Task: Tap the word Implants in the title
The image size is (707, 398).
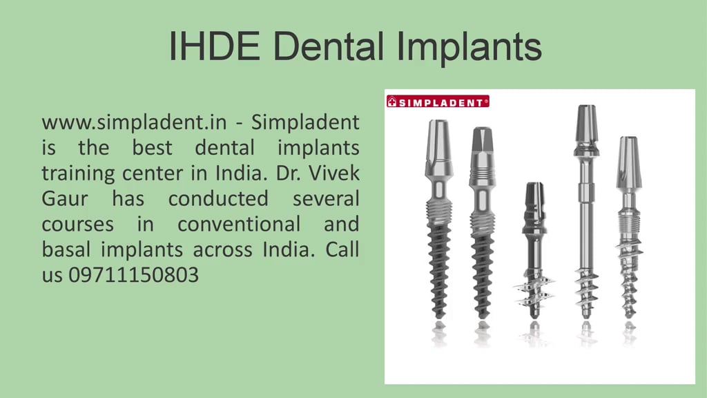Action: (469, 46)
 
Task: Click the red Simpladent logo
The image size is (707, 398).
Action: (437, 102)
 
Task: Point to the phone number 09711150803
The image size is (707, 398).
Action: (133, 275)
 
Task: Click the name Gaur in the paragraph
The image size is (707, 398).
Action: (66, 199)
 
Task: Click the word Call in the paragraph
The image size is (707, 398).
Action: (342, 249)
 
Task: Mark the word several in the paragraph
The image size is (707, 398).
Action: (326, 199)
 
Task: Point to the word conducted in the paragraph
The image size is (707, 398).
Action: (218, 199)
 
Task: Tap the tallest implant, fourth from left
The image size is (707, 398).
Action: (586, 207)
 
